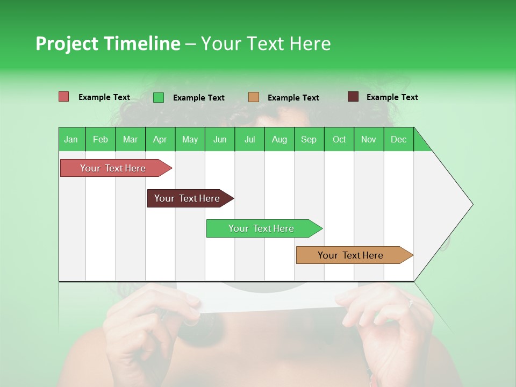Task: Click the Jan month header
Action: pos(71,139)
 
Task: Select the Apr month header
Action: pos(160,139)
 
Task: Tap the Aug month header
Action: pos(279,139)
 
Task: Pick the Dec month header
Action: pos(398,139)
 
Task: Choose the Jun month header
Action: pos(220,139)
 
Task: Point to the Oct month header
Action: pos(339,139)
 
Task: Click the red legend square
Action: pos(63,97)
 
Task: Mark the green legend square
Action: pos(158,97)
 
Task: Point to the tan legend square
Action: pos(254,97)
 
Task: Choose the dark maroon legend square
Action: pos(353,97)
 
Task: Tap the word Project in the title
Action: pos(67,44)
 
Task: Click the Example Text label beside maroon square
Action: pos(392,97)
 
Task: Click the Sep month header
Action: pos(309,139)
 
